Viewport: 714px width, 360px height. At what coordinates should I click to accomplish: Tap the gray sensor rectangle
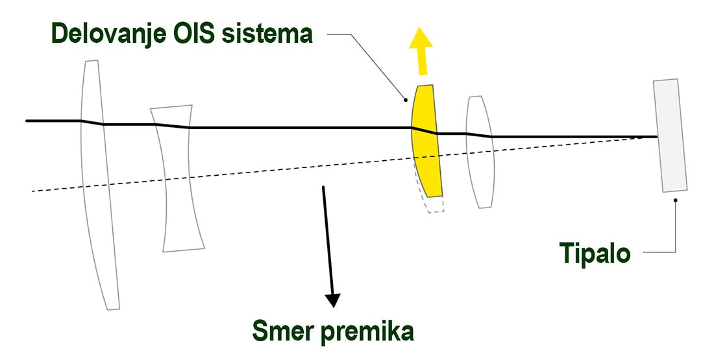[x=671, y=136]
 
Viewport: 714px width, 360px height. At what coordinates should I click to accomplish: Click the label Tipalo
[x=595, y=253]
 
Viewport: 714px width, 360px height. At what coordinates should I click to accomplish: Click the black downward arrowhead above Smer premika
[x=333, y=300]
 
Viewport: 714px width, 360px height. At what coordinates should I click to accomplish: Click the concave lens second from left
[x=178, y=178]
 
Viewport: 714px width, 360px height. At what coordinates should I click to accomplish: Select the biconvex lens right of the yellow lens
[x=480, y=152]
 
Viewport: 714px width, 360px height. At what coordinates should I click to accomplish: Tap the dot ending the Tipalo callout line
[x=676, y=200]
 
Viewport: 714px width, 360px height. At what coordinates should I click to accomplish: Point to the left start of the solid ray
[x=27, y=121]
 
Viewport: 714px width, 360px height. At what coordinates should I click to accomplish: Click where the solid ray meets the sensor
[x=656, y=137]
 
